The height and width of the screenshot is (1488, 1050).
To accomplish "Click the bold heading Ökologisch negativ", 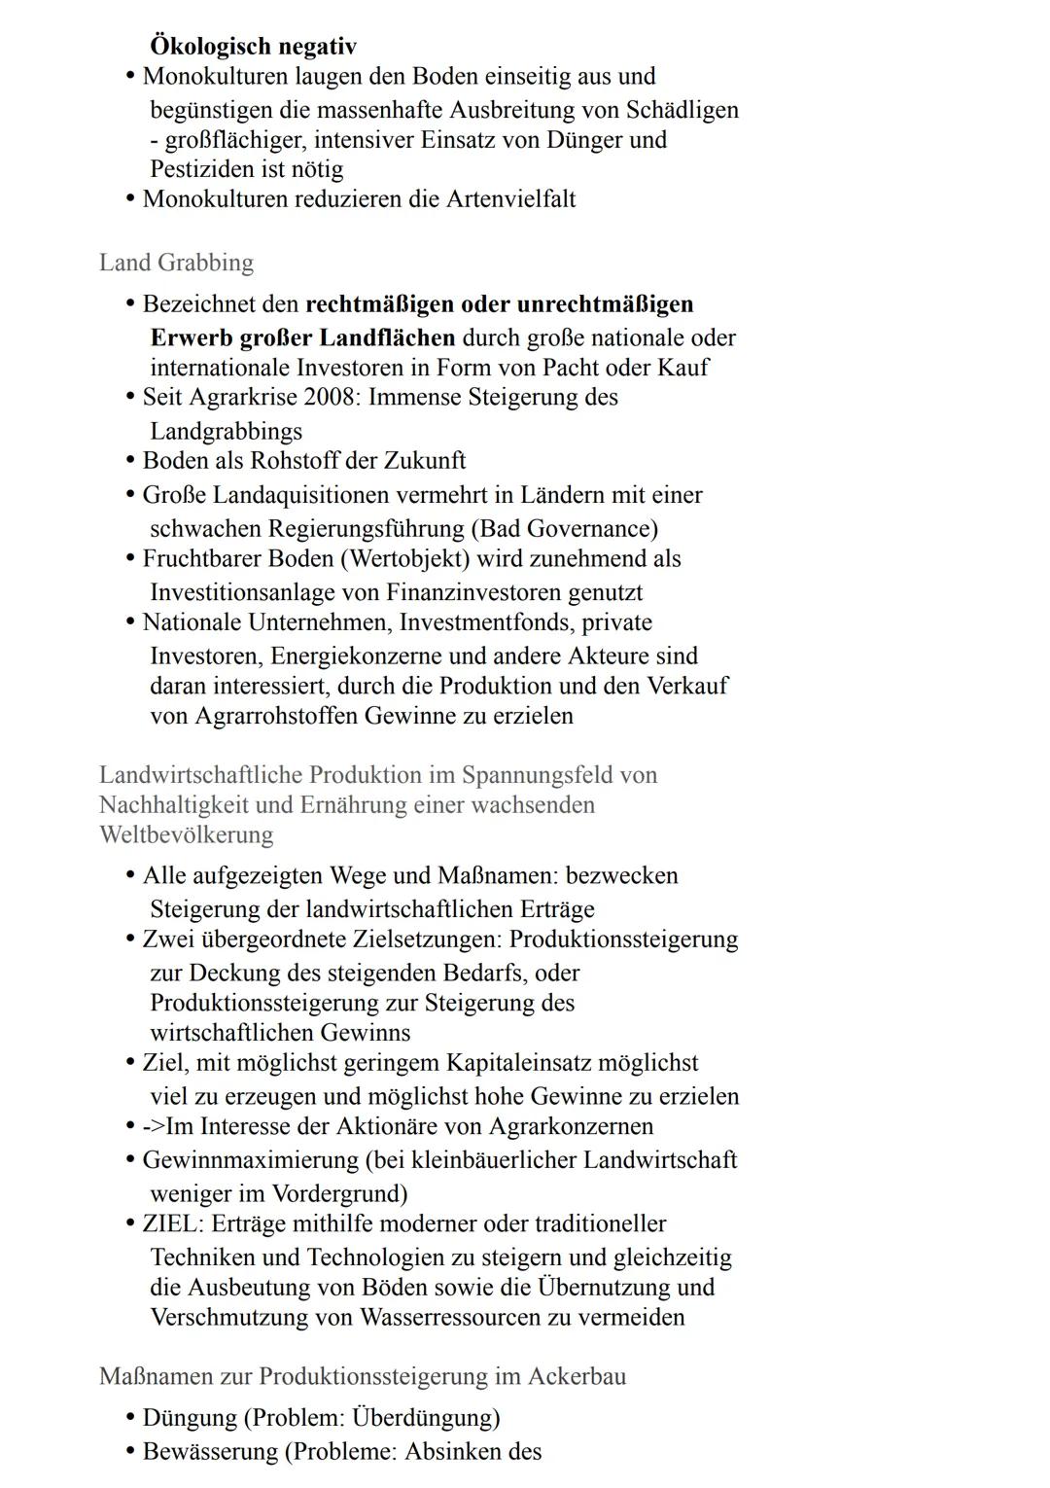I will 253,46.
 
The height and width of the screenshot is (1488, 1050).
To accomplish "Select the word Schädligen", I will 682,110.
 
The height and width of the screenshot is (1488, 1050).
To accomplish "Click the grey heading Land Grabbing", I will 176,263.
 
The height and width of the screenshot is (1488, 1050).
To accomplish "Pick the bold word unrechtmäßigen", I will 605,304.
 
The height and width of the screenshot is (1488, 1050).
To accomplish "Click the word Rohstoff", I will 297,461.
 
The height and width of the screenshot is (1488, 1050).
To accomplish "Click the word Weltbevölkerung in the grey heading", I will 186,835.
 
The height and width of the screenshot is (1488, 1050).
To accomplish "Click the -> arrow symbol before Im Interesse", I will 154,1126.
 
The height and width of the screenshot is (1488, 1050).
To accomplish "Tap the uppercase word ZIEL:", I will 173,1223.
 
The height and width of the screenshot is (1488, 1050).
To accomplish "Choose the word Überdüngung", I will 424,1418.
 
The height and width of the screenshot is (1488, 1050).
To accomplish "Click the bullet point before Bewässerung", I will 129,1452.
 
